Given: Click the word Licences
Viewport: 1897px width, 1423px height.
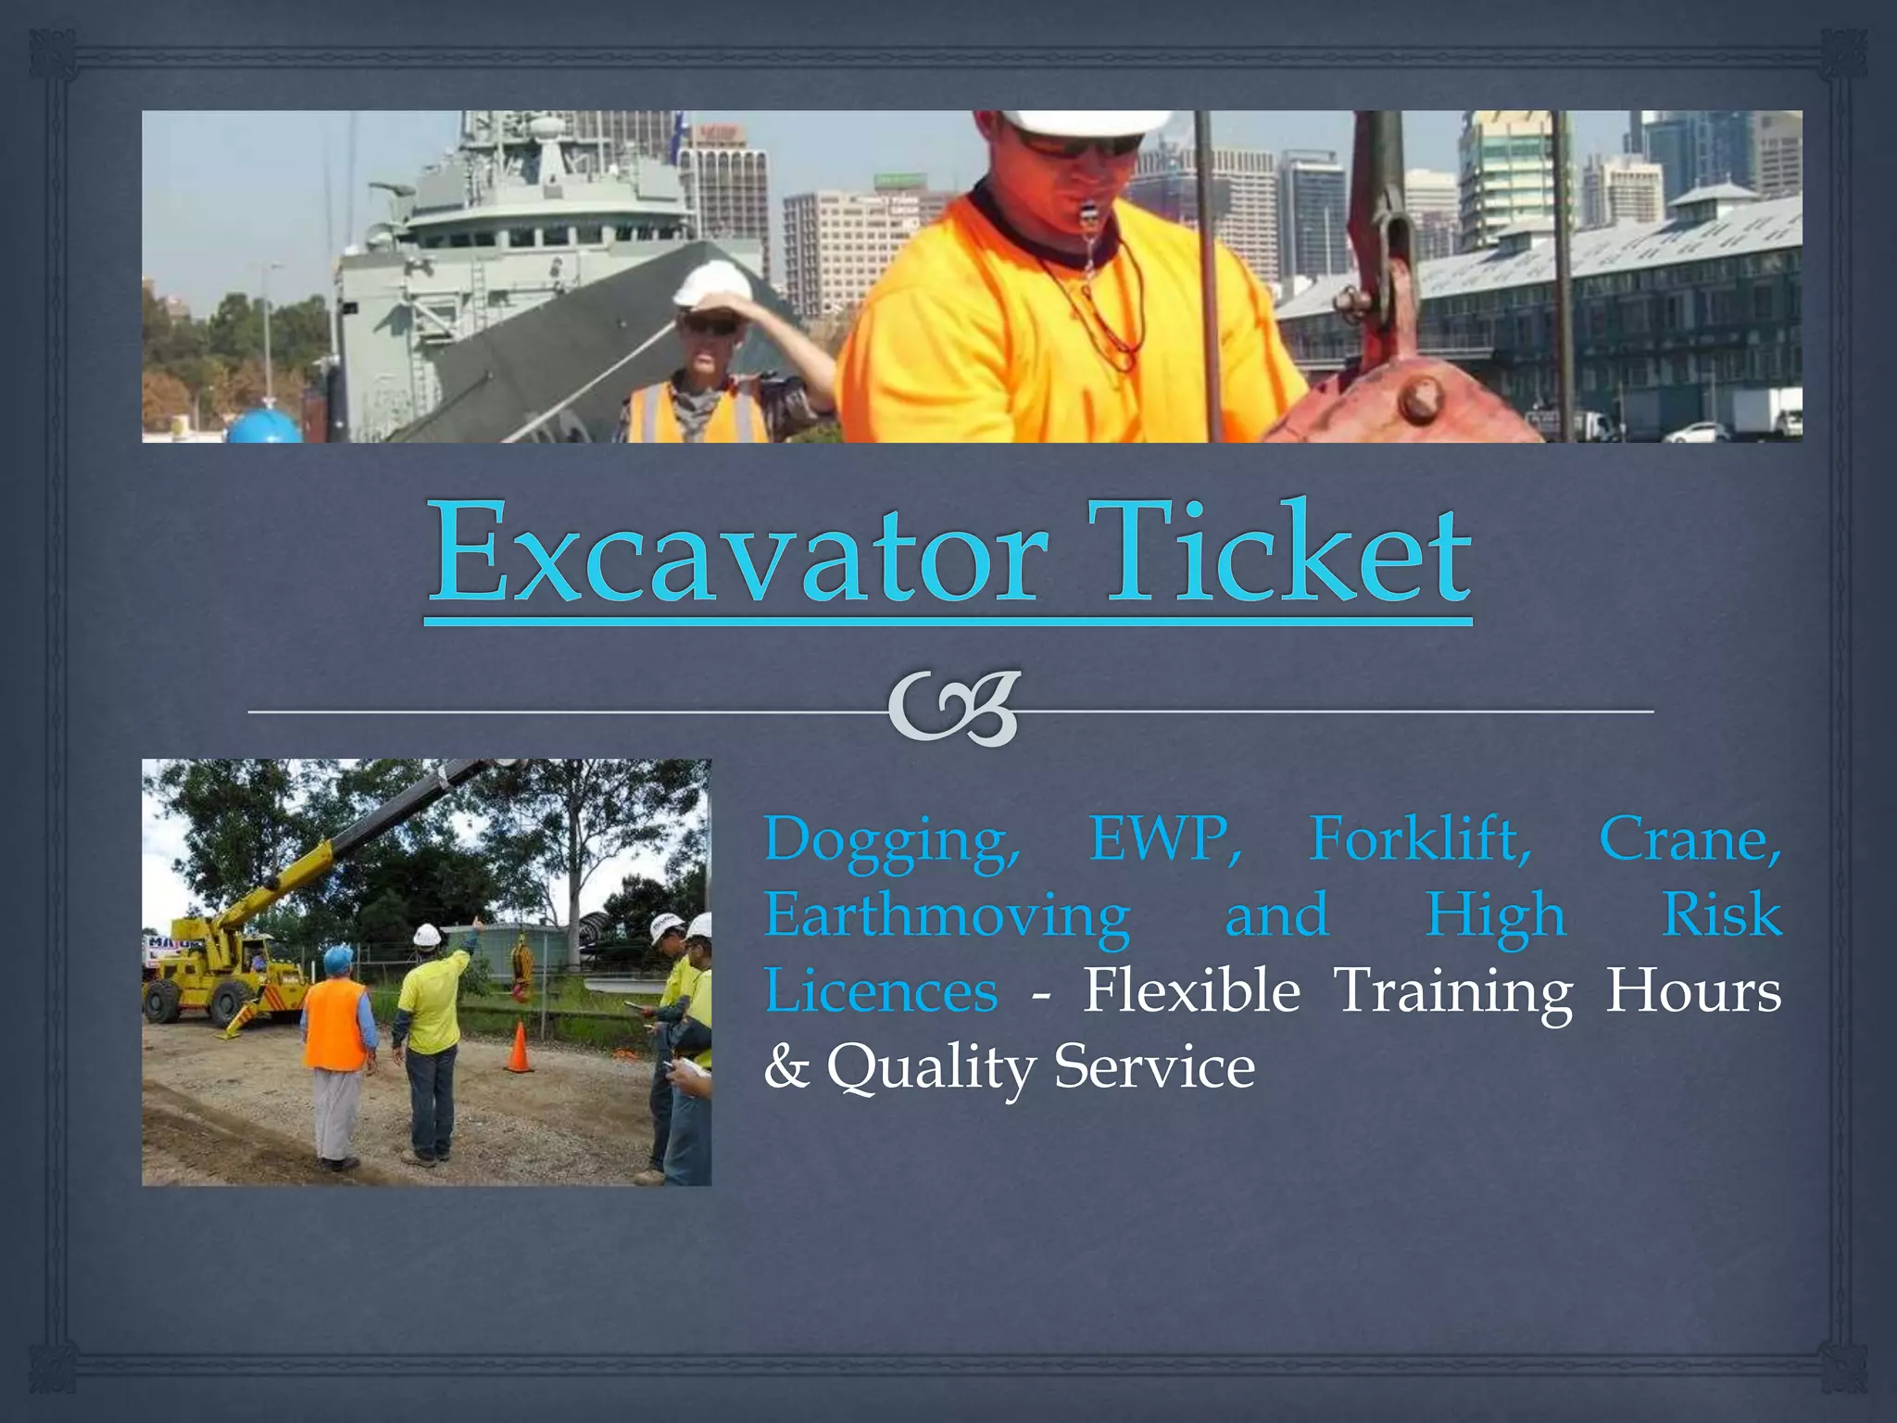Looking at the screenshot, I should click(x=881, y=990).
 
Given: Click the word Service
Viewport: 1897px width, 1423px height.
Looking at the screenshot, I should click(x=1154, y=1066).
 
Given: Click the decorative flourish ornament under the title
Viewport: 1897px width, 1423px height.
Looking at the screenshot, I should click(x=954, y=710).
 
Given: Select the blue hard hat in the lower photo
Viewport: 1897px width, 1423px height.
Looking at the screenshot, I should click(x=339, y=959).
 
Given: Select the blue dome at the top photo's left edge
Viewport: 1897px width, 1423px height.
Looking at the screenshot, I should click(x=263, y=427).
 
